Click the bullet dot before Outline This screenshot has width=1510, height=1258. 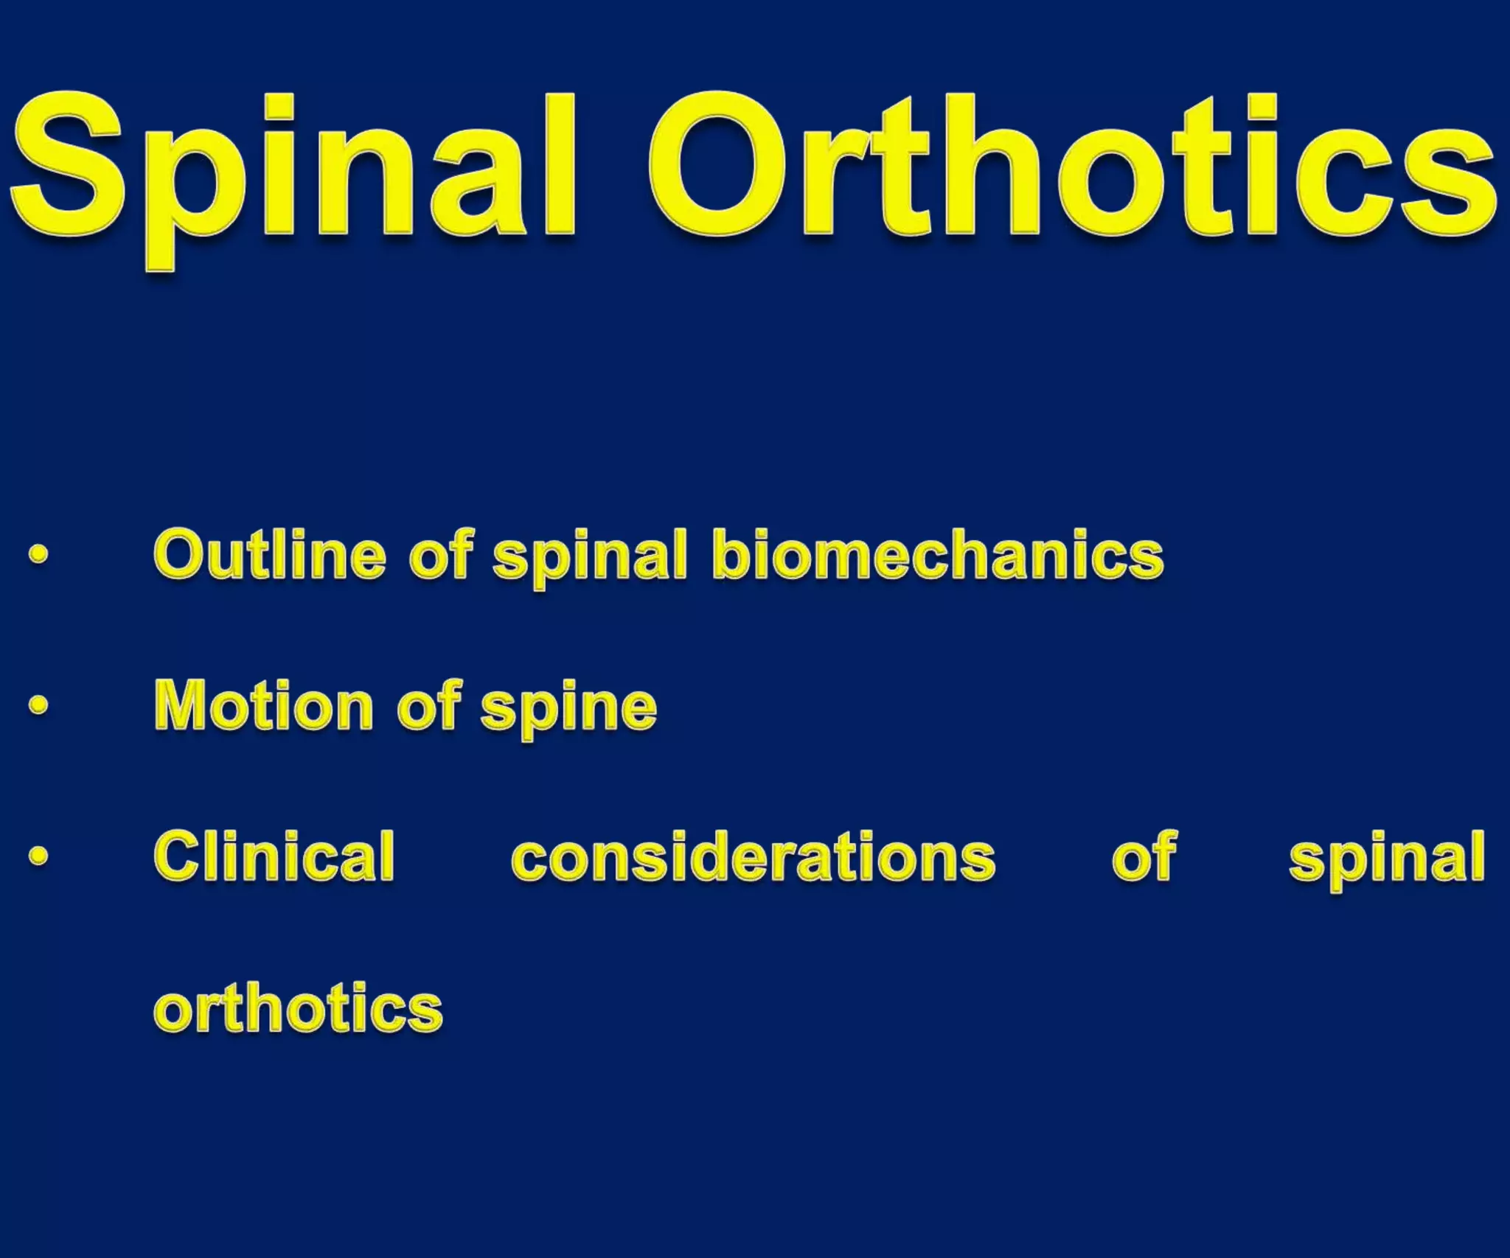[38, 554]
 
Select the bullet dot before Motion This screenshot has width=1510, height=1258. [38, 705]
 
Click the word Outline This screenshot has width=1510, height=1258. [269, 554]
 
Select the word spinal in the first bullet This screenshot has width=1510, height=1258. [590, 558]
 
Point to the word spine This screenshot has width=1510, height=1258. [568, 710]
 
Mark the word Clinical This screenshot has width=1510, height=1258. [274, 856]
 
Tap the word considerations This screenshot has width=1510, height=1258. [753, 857]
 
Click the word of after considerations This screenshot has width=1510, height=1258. [1144, 856]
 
